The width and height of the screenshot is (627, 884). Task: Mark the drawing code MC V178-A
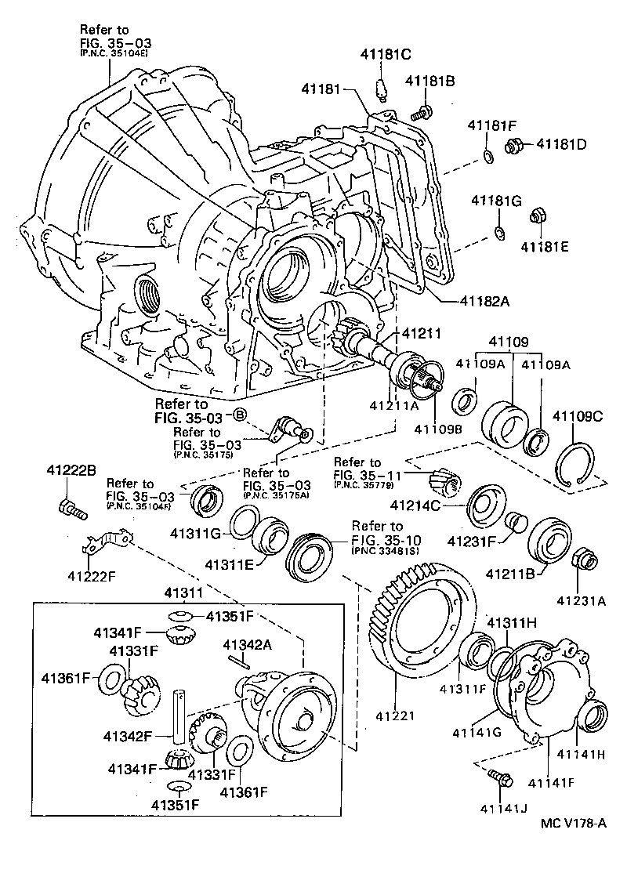click(x=574, y=822)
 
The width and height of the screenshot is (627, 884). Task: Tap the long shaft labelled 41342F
click(x=179, y=717)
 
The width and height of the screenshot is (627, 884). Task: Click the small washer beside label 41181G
click(x=498, y=232)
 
